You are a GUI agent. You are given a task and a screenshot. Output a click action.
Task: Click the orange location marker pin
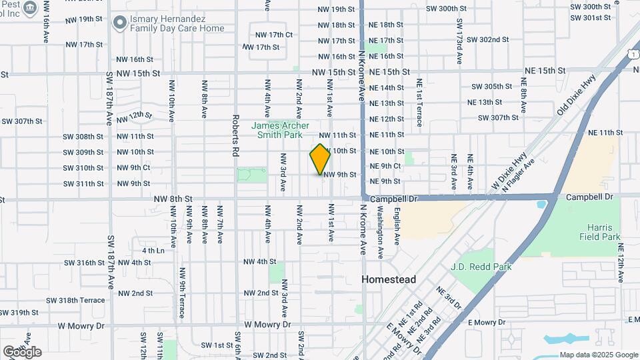tap(321, 159)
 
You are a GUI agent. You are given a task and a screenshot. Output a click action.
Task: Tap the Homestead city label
tap(389, 279)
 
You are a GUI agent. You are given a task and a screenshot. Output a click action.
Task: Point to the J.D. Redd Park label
tap(481, 267)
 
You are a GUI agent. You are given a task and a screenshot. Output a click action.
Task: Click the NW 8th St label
tap(172, 199)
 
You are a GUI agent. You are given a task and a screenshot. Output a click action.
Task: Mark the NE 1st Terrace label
tap(419, 103)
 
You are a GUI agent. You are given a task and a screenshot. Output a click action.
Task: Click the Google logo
tap(22, 351)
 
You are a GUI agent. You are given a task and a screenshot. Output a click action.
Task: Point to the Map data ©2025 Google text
tap(599, 355)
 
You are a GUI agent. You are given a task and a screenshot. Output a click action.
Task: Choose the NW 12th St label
tap(135, 116)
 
